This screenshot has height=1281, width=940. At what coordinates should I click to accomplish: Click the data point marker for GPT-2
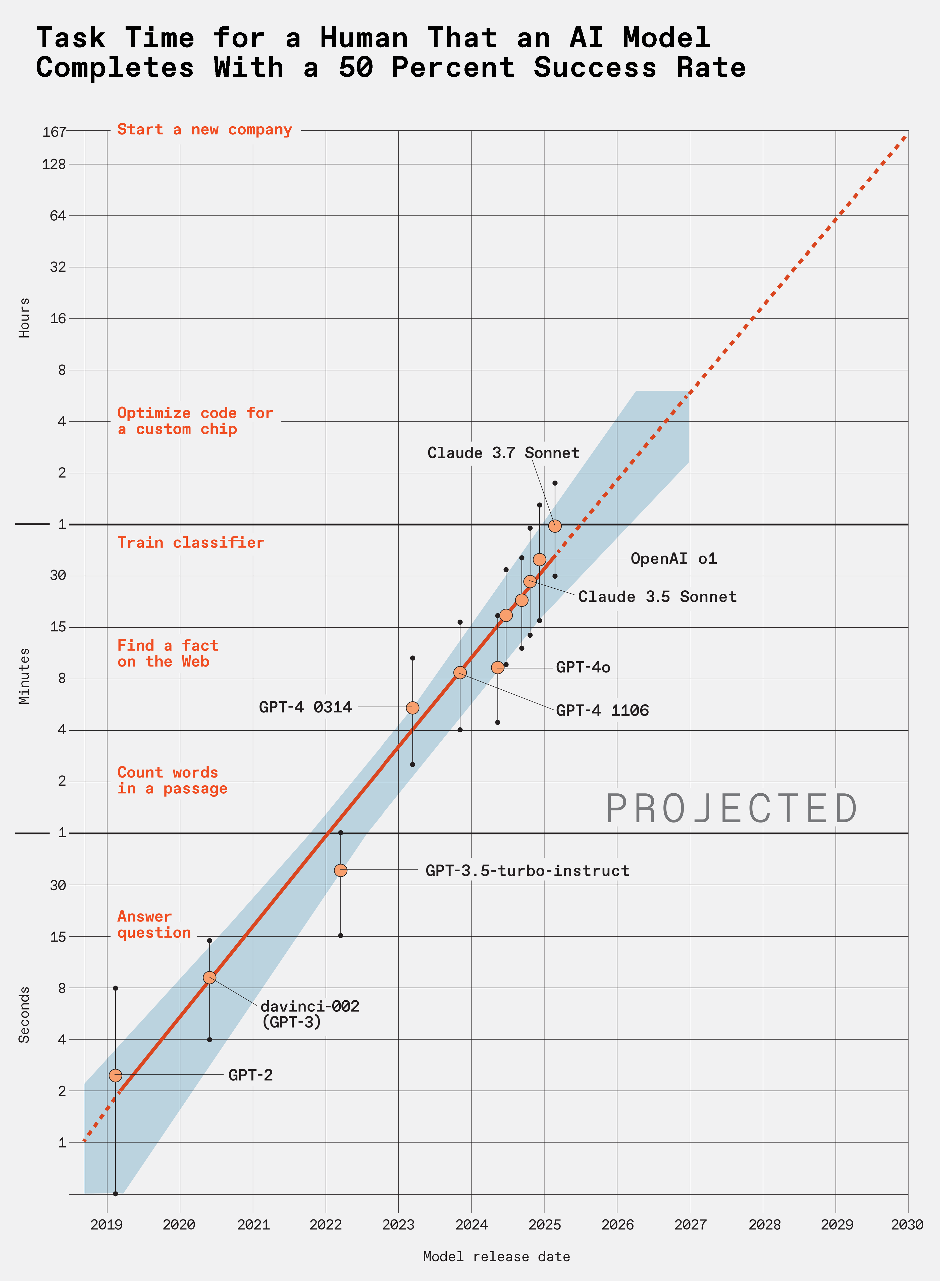[116, 1075]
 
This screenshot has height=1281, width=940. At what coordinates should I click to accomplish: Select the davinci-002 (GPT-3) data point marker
[210, 977]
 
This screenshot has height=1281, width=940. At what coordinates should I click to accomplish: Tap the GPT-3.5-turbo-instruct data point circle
[340, 870]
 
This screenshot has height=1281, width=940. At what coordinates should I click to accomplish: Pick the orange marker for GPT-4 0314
[412, 707]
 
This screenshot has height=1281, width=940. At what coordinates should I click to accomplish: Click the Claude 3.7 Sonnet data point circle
[555, 526]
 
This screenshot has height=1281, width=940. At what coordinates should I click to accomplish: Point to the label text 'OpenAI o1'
[674, 559]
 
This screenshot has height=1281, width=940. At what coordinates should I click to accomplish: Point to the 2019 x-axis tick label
[107, 1225]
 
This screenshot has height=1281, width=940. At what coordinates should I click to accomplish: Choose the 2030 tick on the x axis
[907, 1225]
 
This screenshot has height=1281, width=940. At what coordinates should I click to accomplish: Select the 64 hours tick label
[58, 216]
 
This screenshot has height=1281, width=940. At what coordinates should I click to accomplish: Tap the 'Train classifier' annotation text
[191, 543]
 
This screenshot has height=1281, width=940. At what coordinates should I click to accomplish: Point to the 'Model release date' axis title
[496, 1257]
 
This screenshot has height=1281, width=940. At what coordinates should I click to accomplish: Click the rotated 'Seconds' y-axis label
[24, 1015]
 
